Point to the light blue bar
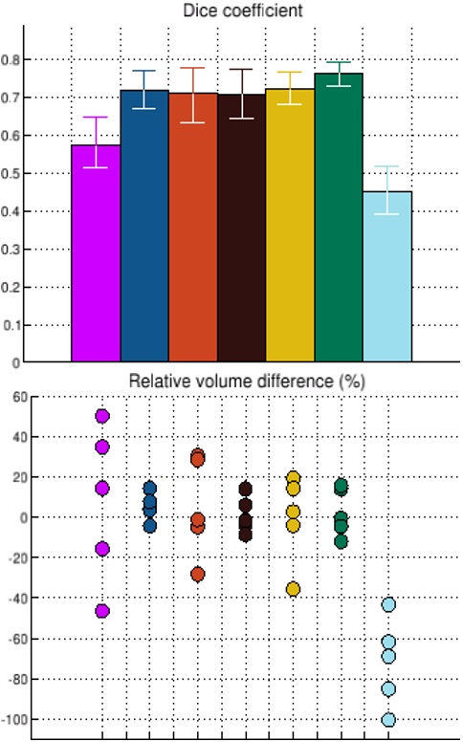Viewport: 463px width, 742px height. coord(387,277)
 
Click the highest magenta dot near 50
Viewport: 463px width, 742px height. coord(102,416)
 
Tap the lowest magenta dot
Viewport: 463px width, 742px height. coord(102,611)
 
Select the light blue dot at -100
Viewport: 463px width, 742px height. coord(388,719)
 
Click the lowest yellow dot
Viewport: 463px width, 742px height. coord(293,589)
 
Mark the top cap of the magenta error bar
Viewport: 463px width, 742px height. coord(96,117)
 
